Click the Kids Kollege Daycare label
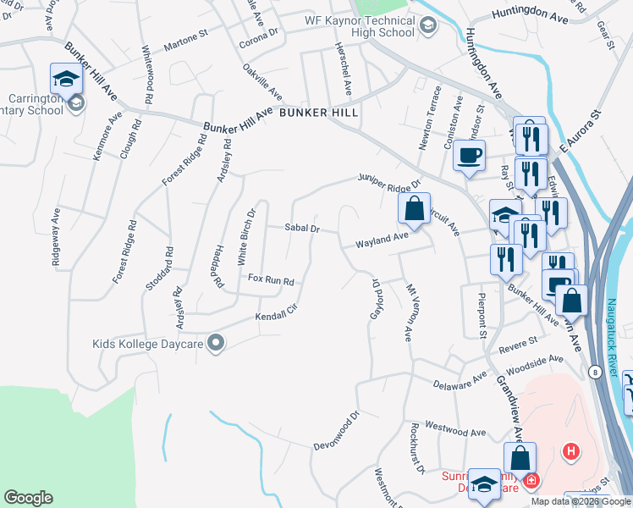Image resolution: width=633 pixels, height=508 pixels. [x=148, y=344]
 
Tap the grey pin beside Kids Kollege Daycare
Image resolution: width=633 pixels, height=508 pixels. [x=217, y=343]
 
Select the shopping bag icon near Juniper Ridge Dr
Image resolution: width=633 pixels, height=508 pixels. [x=414, y=207]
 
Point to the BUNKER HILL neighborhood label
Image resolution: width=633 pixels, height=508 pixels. [x=318, y=112]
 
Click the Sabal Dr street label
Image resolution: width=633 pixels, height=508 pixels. [x=301, y=228]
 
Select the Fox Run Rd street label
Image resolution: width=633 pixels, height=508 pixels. [x=270, y=279]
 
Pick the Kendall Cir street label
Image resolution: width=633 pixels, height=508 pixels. [x=278, y=314]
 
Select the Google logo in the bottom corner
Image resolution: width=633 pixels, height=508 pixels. [x=28, y=498]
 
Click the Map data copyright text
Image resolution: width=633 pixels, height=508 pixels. [x=579, y=501]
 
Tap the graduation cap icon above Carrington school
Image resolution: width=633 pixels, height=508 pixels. [x=64, y=79]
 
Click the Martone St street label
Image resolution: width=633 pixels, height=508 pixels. [x=186, y=37]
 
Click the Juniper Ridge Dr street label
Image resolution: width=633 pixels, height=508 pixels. [x=389, y=180]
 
